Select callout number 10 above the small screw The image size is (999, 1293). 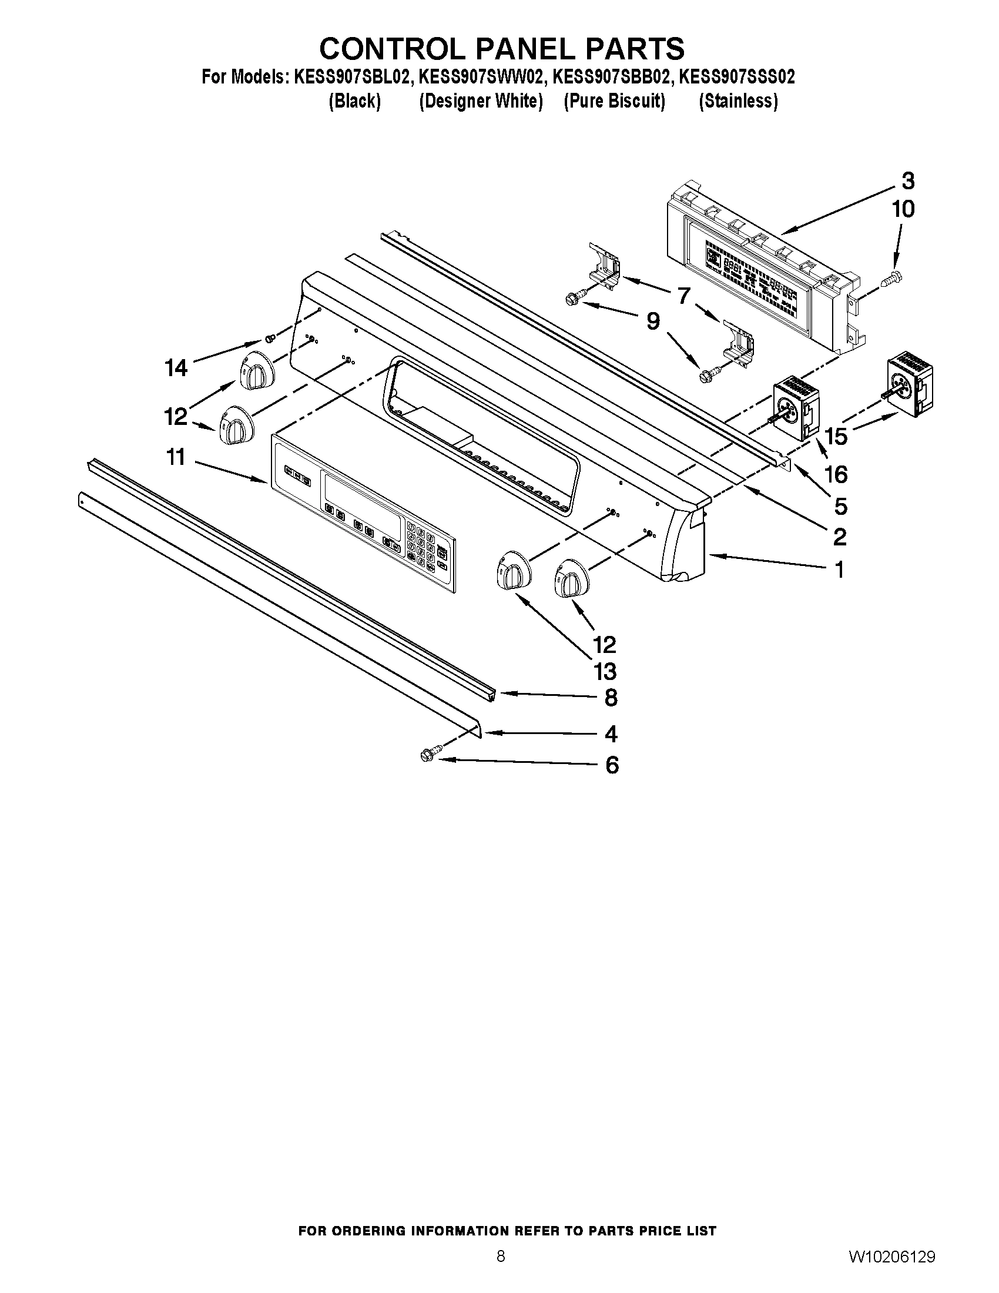tap(903, 209)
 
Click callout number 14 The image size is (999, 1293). tap(176, 369)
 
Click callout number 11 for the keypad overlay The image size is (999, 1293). tap(176, 457)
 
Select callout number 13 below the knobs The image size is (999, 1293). tap(605, 671)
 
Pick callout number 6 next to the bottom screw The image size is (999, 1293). tap(612, 765)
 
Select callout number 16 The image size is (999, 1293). tap(836, 474)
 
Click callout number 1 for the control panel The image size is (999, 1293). tap(839, 570)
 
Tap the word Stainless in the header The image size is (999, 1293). tap(738, 101)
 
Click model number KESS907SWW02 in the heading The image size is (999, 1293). tap(481, 77)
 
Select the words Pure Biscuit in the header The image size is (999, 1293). tap(614, 101)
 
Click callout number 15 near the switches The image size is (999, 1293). tap(836, 436)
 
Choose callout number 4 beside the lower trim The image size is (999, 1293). tap(611, 734)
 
